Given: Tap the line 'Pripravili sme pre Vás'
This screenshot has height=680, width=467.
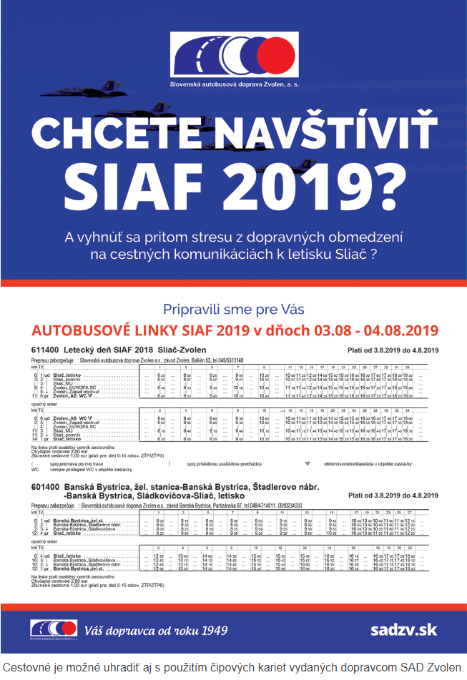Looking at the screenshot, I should tap(234, 309).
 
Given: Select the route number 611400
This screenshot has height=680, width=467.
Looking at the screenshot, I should tap(44, 350).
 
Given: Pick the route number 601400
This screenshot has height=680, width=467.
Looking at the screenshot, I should tap(44, 488).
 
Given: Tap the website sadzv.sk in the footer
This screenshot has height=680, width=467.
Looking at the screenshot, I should tap(403, 630).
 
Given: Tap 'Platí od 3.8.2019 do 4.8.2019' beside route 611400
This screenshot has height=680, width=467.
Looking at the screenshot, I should tap(392, 350).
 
